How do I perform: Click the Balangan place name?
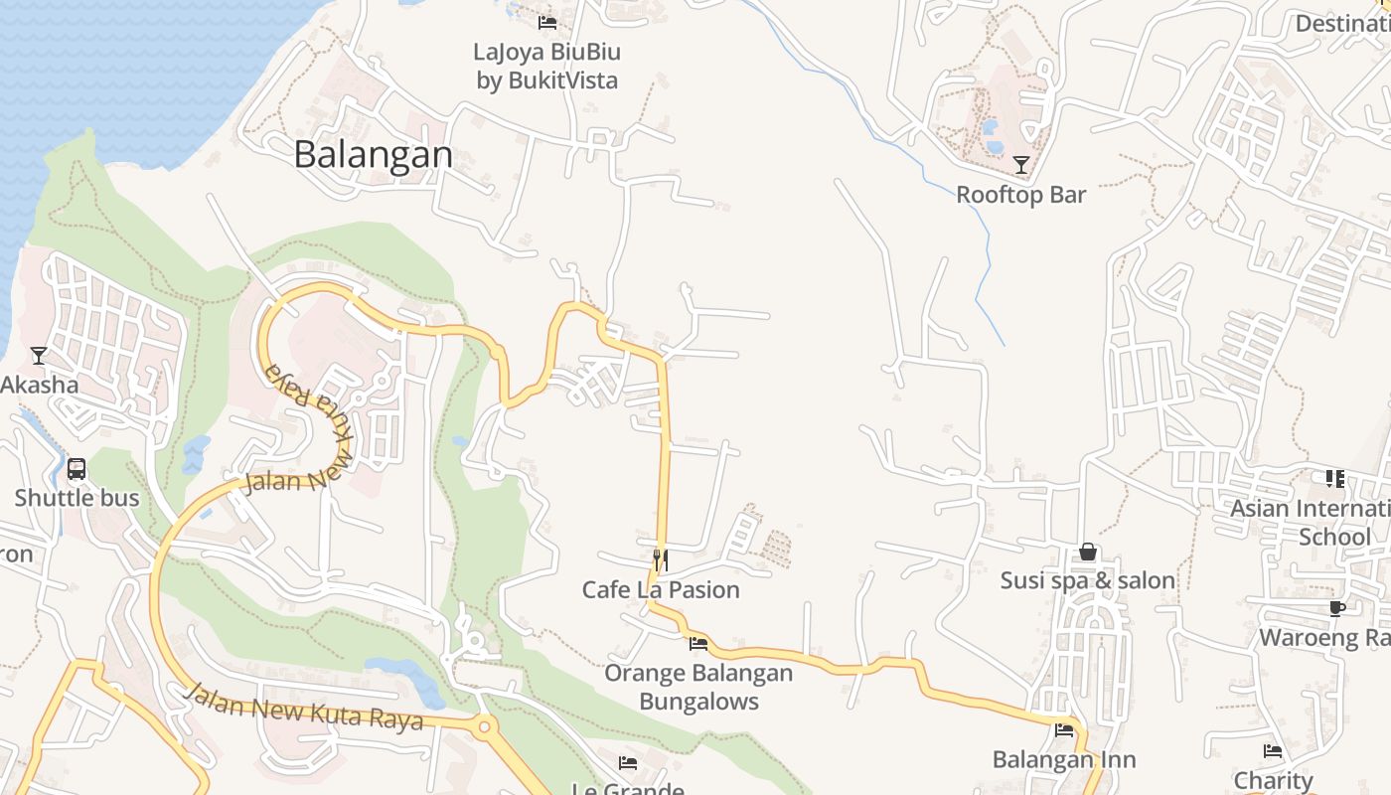pos(374,154)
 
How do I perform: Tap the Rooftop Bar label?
pos(1020,195)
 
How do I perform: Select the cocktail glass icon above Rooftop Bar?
pos(1020,165)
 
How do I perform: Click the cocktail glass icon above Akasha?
pos(39,355)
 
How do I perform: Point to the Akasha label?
pos(39,385)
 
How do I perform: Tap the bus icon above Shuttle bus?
pos(77,468)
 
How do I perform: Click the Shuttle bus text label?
pos(77,498)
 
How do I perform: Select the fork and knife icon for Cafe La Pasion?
pos(660,559)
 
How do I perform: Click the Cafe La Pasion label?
pos(661,589)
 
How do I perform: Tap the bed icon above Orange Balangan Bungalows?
pos(698,643)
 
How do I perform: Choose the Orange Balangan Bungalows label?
pos(698,687)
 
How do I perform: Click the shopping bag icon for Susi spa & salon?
pos(1088,551)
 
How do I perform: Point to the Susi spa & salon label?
pos(1088,580)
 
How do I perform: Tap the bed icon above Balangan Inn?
pos(1064,730)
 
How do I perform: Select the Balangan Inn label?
pos(1064,760)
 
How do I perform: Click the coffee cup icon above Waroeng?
pos(1337,608)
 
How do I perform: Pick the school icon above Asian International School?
pos(1334,479)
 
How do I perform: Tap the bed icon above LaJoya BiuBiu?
pos(547,22)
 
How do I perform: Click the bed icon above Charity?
pos(1273,751)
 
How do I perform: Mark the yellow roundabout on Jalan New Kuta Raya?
pos(484,727)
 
